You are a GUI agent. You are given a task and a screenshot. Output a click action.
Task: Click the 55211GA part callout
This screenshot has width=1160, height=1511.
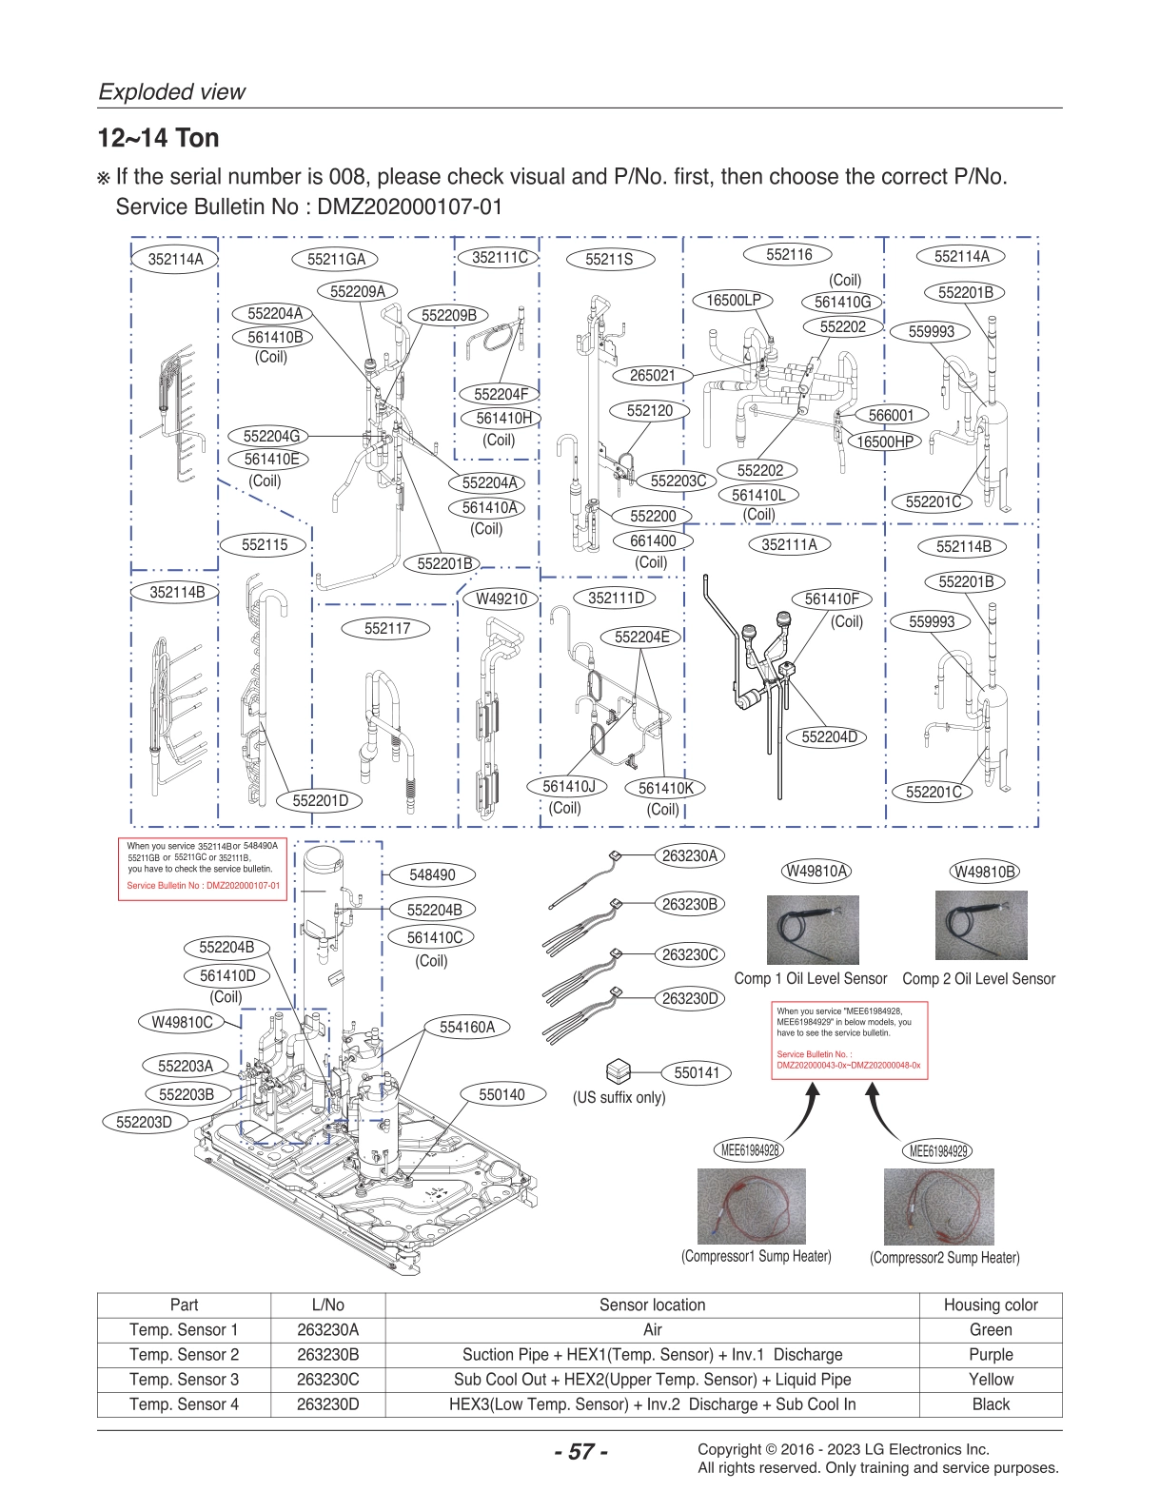point(336,259)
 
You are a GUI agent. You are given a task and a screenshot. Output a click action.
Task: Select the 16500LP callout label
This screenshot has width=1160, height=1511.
point(733,300)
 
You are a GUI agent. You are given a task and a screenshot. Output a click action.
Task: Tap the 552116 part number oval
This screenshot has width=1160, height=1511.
point(789,254)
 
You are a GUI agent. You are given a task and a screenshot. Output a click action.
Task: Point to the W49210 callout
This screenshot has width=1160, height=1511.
point(501,599)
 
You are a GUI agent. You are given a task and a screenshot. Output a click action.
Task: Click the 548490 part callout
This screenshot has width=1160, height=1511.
point(432,874)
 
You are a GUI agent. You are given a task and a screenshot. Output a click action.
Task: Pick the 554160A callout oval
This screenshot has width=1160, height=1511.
point(467,1027)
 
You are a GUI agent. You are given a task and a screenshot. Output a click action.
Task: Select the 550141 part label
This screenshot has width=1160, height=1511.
point(697,1072)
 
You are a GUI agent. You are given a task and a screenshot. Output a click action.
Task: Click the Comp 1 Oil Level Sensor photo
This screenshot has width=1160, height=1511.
point(812,929)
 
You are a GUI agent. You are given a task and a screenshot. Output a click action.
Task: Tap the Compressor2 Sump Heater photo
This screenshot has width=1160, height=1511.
point(938,1207)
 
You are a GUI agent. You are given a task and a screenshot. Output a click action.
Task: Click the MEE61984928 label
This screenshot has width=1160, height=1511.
point(750,1149)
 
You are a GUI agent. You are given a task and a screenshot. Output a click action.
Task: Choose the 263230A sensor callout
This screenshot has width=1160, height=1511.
point(690,855)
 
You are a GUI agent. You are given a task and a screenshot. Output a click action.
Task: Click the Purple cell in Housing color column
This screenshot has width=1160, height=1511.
point(990,1354)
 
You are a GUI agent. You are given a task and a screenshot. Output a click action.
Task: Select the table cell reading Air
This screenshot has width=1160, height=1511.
point(652,1329)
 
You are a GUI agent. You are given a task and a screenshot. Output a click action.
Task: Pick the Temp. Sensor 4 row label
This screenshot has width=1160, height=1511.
point(184,1403)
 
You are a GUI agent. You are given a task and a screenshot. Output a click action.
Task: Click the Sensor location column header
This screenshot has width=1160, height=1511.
point(652,1305)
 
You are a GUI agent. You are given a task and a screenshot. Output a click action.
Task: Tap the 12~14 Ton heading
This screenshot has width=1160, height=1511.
point(158,138)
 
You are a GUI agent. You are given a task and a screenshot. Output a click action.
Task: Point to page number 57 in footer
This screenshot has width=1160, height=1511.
point(580,1452)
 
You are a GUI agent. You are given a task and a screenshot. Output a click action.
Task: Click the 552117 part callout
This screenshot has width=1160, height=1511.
point(386,628)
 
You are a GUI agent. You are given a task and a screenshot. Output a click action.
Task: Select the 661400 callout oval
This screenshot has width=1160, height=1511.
point(653,540)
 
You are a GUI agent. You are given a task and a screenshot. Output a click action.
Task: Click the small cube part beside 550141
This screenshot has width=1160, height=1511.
point(619,1069)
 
